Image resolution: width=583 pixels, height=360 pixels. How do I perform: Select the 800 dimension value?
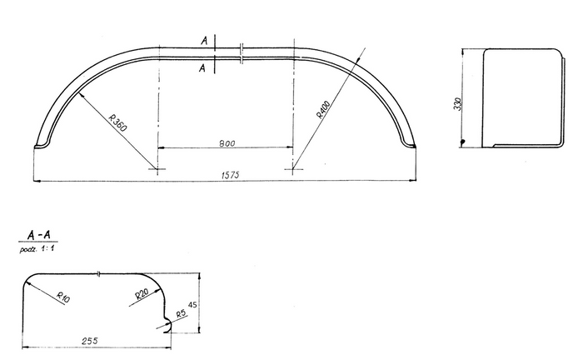pos(227,143)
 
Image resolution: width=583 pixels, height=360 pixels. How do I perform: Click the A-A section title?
pos(37,237)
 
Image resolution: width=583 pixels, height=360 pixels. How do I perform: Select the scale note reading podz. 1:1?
pos(37,249)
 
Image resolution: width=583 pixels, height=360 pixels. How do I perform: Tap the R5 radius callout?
pos(181,315)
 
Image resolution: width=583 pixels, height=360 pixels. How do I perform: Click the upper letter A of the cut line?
pos(202,39)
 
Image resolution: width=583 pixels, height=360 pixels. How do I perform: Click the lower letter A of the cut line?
pos(202,68)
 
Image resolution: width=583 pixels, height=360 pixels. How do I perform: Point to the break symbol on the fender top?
pos(241,53)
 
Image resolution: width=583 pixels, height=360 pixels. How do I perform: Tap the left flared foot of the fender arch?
pos(39,145)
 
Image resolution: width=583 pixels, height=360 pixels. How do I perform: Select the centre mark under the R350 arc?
pos(157,170)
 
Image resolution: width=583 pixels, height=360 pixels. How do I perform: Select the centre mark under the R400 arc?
pos(292,170)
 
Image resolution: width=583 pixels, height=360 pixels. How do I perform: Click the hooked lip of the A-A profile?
pos(170,324)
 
